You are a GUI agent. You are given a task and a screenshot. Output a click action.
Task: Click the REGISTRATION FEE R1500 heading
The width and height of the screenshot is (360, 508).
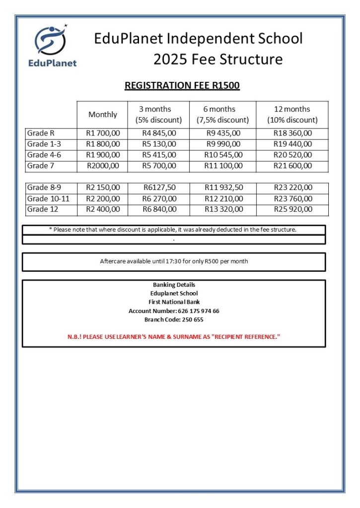pos(182,85)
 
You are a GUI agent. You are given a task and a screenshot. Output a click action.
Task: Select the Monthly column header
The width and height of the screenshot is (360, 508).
pos(103,115)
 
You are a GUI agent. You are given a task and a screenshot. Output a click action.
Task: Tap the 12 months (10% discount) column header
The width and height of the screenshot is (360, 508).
pos(292,115)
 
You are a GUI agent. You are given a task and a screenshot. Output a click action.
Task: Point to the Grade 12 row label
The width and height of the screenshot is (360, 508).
pos(43,209)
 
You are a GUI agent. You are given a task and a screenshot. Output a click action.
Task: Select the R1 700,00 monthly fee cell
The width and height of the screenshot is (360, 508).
pos(103,133)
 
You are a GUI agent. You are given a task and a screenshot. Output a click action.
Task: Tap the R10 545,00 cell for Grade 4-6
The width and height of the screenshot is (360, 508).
pos(223,155)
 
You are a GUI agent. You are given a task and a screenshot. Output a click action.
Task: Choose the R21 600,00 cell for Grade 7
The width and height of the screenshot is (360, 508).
pos(292,166)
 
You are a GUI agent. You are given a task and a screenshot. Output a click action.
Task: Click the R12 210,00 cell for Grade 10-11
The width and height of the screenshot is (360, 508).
pos(223,198)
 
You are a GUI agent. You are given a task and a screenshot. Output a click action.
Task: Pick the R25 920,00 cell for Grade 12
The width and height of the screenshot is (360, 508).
pos(292,209)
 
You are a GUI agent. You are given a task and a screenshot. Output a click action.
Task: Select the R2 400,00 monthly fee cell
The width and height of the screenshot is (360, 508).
pos(103,209)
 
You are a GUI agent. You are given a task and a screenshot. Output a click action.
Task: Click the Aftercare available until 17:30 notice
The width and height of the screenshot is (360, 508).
pos(174,261)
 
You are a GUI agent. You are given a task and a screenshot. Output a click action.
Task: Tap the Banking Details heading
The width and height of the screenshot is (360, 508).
pos(174,285)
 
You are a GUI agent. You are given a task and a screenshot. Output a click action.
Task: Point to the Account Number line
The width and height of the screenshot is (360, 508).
pos(174,311)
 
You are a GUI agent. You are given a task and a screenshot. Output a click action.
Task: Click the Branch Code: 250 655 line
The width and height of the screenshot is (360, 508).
pos(174,319)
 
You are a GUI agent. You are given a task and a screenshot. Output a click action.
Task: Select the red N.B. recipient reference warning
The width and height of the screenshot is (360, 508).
pos(174,337)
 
